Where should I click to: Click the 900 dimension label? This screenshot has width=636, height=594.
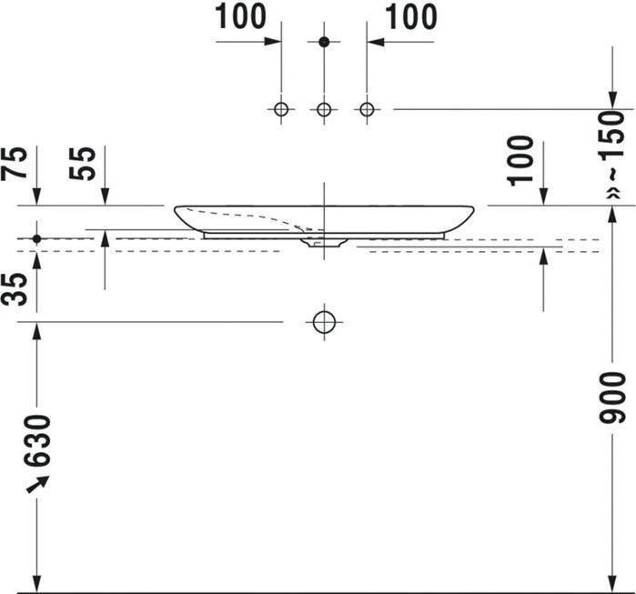pyautogui.click(x=613, y=398)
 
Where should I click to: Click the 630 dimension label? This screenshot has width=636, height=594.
pyautogui.click(x=37, y=441)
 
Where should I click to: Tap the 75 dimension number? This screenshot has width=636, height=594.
pyautogui.click(x=15, y=164)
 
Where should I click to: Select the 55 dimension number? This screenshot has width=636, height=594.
pyautogui.click(x=83, y=164)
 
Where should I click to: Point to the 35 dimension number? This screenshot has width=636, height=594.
pyautogui.click(x=15, y=289)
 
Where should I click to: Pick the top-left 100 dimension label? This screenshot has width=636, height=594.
pyautogui.click(x=240, y=16)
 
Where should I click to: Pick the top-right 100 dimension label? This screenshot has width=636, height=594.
pyautogui.click(x=411, y=16)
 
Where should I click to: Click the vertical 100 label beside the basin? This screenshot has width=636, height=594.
pyautogui.click(x=520, y=161)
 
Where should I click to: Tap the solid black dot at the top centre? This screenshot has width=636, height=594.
pyautogui.click(x=324, y=41)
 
